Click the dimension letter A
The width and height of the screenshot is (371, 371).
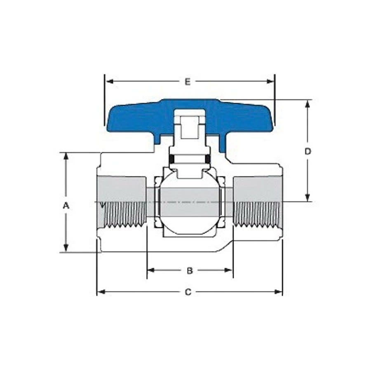coord(66,205)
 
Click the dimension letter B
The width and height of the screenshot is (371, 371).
coord(190,270)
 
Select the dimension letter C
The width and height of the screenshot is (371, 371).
coord(188,292)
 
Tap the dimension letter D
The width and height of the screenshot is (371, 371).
coord(308,152)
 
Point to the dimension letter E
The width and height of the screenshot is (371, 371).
coord(188,82)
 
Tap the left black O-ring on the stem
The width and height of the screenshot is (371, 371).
coord(172,159)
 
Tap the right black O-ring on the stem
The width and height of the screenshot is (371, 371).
coord(208,159)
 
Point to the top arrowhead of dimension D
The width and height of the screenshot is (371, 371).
coord(308,103)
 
